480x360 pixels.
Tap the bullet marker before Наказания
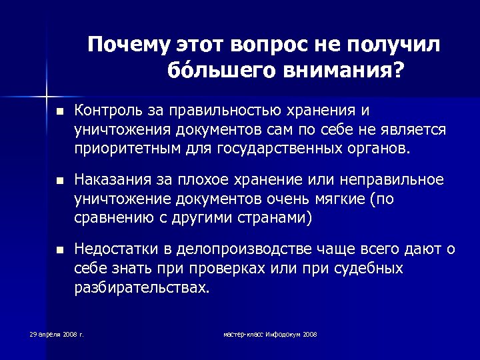click(x=59, y=181)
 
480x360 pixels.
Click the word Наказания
click(x=109, y=180)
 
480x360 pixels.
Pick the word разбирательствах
click(x=141, y=287)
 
